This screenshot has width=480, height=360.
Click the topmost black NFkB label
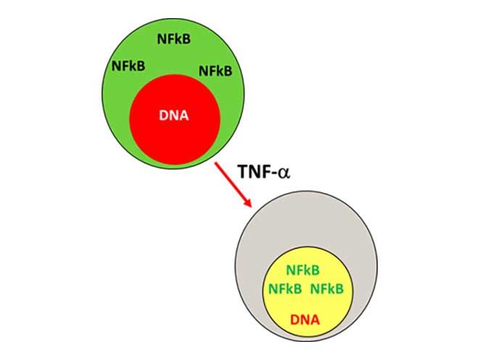click(174, 39)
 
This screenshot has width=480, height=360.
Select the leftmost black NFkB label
click(128, 66)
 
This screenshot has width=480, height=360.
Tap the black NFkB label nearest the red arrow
click(215, 70)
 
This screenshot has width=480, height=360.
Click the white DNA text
click(174, 115)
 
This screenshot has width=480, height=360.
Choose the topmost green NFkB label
click(303, 270)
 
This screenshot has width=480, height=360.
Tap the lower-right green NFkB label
click(327, 288)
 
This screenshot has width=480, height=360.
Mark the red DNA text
click(305, 318)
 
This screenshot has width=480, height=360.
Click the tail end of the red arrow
click(215, 166)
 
